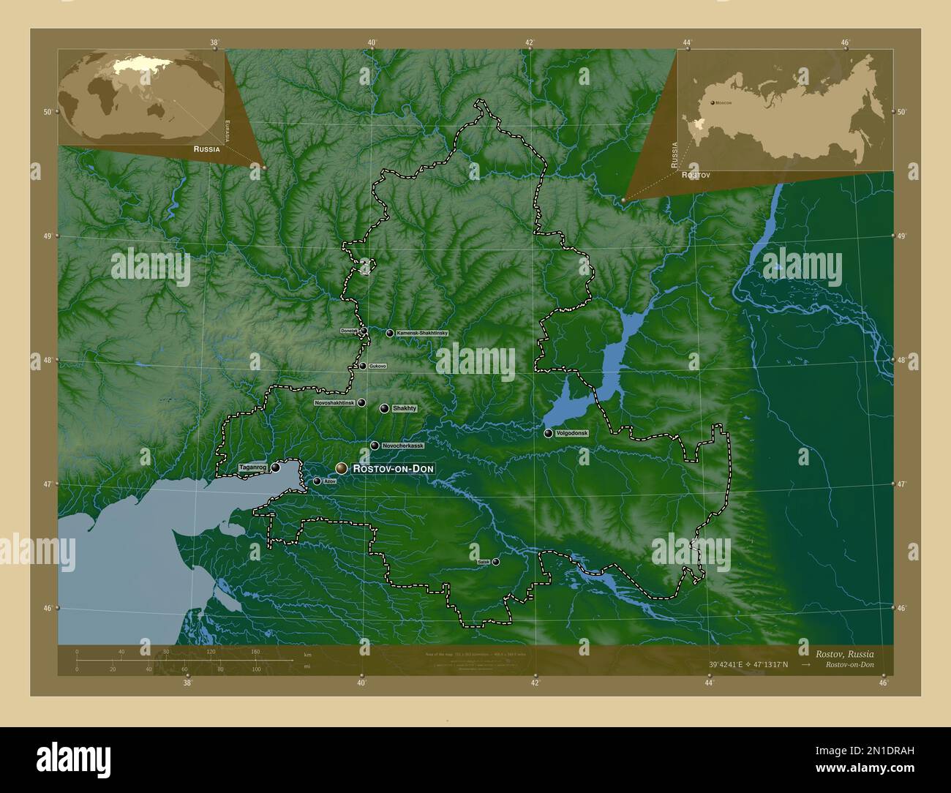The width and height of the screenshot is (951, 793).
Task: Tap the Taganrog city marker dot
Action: pyautogui.click(x=275, y=467)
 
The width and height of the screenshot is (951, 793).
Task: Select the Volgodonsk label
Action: pyautogui.click(x=572, y=433)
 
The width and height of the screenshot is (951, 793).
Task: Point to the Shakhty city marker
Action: pyautogui.click(x=384, y=408)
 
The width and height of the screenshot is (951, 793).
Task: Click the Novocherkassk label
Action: pyautogui.click(x=402, y=446)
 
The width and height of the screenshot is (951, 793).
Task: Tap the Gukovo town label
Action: pyautogui.click(x=377, y=366)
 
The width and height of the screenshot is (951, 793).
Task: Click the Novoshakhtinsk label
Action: pyautogui.click(x=334, y=402)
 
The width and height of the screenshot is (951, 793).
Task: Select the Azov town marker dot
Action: pyautogui.click(x=317, y=481)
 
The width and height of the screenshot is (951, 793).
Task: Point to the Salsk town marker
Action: pyautogui.click(x=496, y=562)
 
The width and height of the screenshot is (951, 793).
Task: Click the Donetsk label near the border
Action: pyautogui.click(x=349, y=331)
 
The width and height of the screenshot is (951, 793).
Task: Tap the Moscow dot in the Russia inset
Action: pyautogui.click(x=713, y=102)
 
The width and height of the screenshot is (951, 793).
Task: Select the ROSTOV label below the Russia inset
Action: pyautogui.click(x=696, y=176)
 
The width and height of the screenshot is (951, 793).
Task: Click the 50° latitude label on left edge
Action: pyautogui.click(x=47, y=112)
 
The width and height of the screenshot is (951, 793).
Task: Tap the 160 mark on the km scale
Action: pyautogui.click(x=255, y=651)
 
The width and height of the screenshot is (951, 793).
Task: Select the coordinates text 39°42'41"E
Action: pyautogui.click(x=729, y=664)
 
